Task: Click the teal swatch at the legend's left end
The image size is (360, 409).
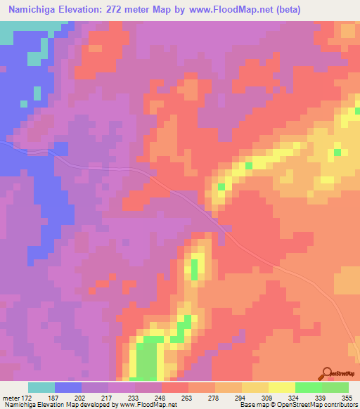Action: coord(41,387)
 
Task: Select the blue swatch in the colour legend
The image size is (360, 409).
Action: coord(68,387)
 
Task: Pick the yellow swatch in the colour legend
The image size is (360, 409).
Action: coord(282,387)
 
